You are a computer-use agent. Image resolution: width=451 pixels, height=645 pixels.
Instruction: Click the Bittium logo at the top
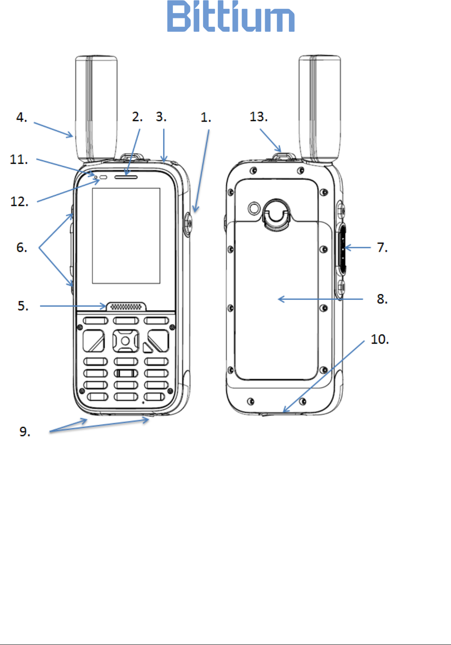point(231,17)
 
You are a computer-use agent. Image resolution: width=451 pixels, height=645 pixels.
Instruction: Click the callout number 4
point(21,117)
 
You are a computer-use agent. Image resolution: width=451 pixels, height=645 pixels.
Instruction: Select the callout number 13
point(258,117)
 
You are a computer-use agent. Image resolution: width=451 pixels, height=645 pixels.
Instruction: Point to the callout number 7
point(382,247)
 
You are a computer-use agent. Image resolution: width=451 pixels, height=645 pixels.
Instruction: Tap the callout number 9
point(25,432)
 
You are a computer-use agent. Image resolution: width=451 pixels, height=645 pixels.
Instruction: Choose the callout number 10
point(379,339)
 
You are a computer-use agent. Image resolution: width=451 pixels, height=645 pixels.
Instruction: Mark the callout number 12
point(19,202)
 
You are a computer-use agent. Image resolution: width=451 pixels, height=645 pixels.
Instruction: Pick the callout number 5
point(23,306)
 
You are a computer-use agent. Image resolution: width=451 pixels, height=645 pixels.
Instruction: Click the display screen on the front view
point(126,236)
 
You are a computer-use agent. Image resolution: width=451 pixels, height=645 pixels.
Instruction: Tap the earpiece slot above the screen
point(126,177)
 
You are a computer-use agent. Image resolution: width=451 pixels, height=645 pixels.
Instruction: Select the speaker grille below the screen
point(126,307)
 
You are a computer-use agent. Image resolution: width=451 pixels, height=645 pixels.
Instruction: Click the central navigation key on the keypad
point(125,341)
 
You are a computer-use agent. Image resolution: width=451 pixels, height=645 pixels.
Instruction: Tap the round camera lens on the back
point(254,208)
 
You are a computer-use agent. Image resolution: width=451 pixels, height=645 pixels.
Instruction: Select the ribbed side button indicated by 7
point(342,249)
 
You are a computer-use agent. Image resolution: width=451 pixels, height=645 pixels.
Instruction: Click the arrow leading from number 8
point(320,299)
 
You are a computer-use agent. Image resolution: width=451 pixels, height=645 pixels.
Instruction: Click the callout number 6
point(21,248)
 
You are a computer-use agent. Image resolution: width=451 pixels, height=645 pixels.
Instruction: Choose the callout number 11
point(19,159)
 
